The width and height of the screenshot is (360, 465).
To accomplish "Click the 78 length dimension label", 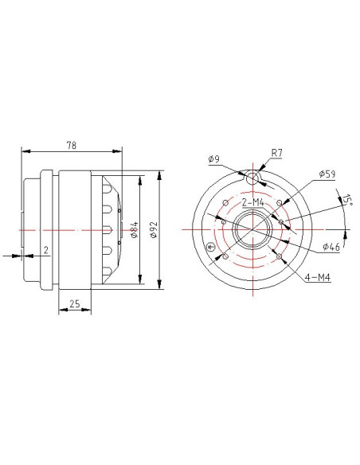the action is click(x=71, y=145).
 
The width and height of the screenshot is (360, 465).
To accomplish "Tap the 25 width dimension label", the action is click(x=75, y=303).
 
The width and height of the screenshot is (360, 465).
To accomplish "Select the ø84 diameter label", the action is click(x=135, y=229).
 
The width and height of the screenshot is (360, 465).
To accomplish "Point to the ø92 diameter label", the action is click(x=153, y=229).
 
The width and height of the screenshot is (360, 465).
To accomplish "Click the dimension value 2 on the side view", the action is click(x=46, y=250).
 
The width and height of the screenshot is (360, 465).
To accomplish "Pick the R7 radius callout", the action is click(x=277, y=153).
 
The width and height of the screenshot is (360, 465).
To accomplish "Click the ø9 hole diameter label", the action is click(x=213, y=159).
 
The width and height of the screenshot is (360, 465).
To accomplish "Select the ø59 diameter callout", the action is click(x=327, y=174).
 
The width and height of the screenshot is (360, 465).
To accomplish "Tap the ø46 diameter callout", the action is click(x=331, y=247).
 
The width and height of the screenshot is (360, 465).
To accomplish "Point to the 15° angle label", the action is click(x=346, y=200).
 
